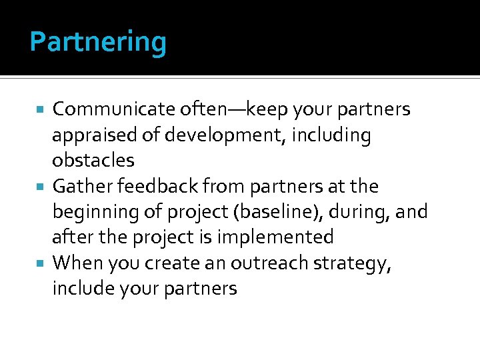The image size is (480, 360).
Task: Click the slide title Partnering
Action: tap(98, 43)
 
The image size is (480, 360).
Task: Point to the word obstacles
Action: tap(93, 160)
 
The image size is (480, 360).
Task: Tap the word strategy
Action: tap(357, 264)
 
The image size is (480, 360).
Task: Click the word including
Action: tap(338, 135)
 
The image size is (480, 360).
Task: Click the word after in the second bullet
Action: tap(70, 237)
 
